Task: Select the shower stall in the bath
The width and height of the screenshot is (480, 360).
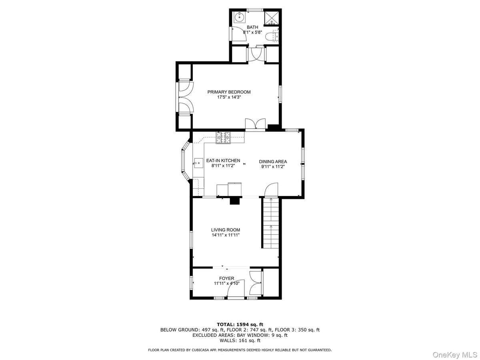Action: [274, 17]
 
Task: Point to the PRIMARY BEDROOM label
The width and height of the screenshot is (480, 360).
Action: [229, 92]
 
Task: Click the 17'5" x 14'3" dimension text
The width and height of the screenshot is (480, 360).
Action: [229, 97]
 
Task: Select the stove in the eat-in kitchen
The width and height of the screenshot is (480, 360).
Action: [224, 137]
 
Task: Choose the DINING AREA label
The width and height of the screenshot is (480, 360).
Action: [273, 162]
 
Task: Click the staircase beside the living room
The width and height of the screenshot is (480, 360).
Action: [270, 224]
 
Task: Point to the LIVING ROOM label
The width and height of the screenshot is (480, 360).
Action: [226, 230]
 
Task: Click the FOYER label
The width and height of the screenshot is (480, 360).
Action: [226, 278]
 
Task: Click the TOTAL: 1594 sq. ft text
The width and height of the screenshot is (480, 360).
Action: [240, 324]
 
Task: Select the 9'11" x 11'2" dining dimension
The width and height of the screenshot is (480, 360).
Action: [273, 167]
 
